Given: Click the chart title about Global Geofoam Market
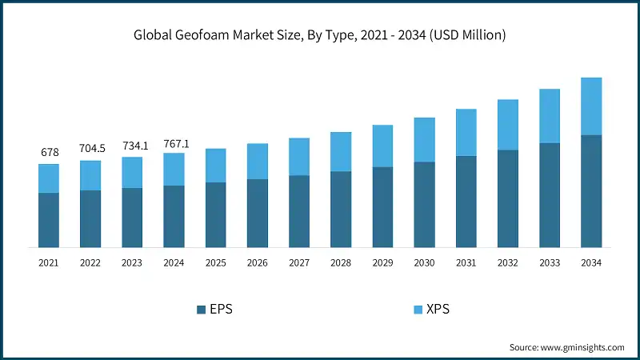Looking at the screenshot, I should (320, 35).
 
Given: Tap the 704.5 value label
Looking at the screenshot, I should (90, 148).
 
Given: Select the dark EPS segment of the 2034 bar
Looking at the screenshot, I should (591, 191).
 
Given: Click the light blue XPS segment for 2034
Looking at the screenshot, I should (591, 106).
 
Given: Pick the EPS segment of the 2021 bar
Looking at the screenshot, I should (48, 220).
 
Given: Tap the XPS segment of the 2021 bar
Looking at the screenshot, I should (48, 178).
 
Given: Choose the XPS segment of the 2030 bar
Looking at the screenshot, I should (424, 140).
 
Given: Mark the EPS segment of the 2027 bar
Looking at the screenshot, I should (299, 211).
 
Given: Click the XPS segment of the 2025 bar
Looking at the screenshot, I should (215, 166).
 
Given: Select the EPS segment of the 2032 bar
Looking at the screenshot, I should (508, 198).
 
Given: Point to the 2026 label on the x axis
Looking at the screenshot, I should (258, 262).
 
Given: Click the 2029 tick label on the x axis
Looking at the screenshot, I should (382, 262).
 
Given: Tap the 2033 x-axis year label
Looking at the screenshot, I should (550, 262).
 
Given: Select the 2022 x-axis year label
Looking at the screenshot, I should (90, 262).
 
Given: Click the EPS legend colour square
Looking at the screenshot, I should (201, 309).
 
